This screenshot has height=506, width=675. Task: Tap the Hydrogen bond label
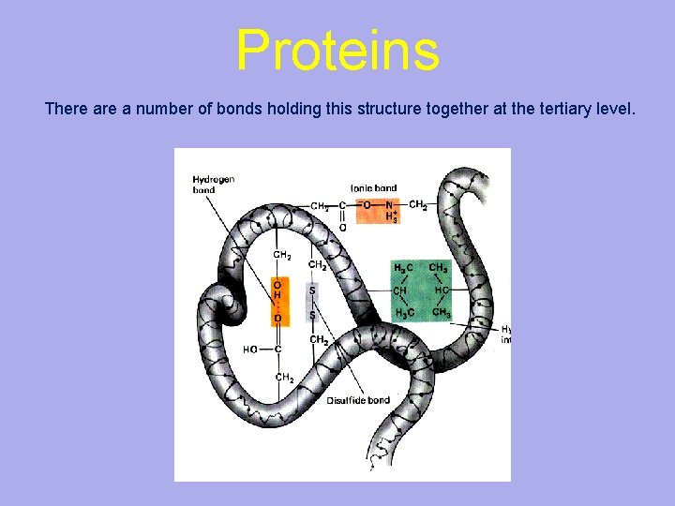[x=213, y=184]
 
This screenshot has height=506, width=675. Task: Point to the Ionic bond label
[x=373, y=188]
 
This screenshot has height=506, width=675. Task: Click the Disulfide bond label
[x=357, y=400]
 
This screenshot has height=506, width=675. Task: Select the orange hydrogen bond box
[x=278, y=301]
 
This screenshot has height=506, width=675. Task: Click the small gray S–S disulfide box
[x=312, y=302]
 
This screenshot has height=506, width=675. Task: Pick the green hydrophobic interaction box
[x=421, y=290]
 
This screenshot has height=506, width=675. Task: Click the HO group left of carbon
[x=250, y=350]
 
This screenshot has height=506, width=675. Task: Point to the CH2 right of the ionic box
[x=418, y=205]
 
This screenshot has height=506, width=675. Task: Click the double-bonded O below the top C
[x=342, y=227]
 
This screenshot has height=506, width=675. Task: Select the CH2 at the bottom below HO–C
[x=283, y=378]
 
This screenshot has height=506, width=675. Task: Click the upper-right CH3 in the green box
[x=438, y=268]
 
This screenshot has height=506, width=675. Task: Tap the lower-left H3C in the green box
[x=403, y=312]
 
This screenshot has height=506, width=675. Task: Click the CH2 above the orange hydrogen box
[x=281, y=255]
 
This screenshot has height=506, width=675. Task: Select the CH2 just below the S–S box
[x=318, y=339]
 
